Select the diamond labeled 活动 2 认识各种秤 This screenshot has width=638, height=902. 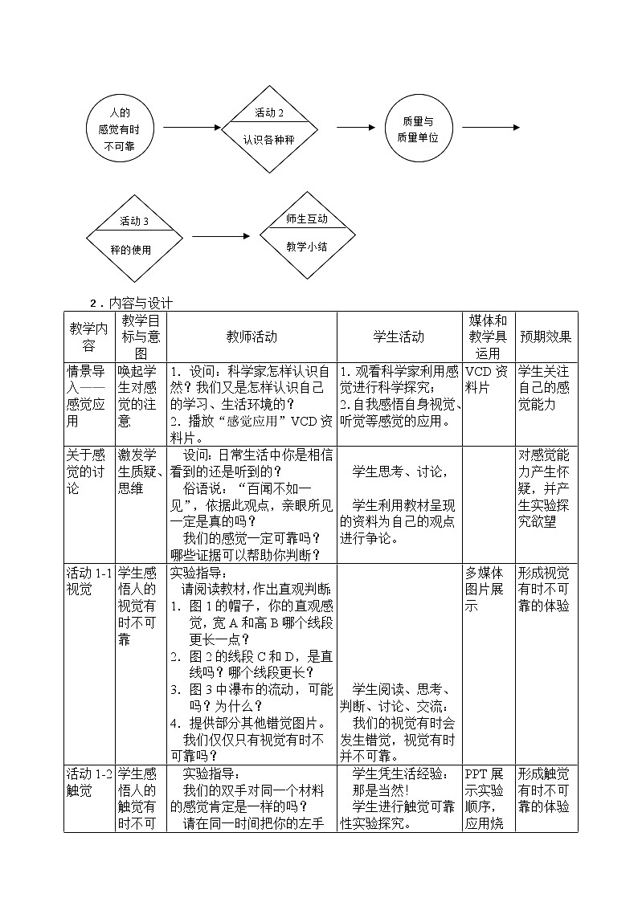click(x=269, y=127)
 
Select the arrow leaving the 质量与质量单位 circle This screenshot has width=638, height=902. click(x=501, y=128)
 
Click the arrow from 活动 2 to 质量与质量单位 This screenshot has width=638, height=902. click(x=355, y=128)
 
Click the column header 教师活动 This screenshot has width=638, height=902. click(x=252, y=337)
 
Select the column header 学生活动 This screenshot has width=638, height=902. click(x=399, y=337)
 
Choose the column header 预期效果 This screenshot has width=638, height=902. click(x=546, y=337)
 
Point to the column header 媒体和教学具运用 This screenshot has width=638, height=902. click(x=489, y=337)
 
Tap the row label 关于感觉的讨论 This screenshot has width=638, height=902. click(x=88, y=471)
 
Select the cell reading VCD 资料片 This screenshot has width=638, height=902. click(x=488, y=379)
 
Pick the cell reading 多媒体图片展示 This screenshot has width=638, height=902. click(x=488, y=590)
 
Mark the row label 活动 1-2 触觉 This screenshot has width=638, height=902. click(x=88, y=782)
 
